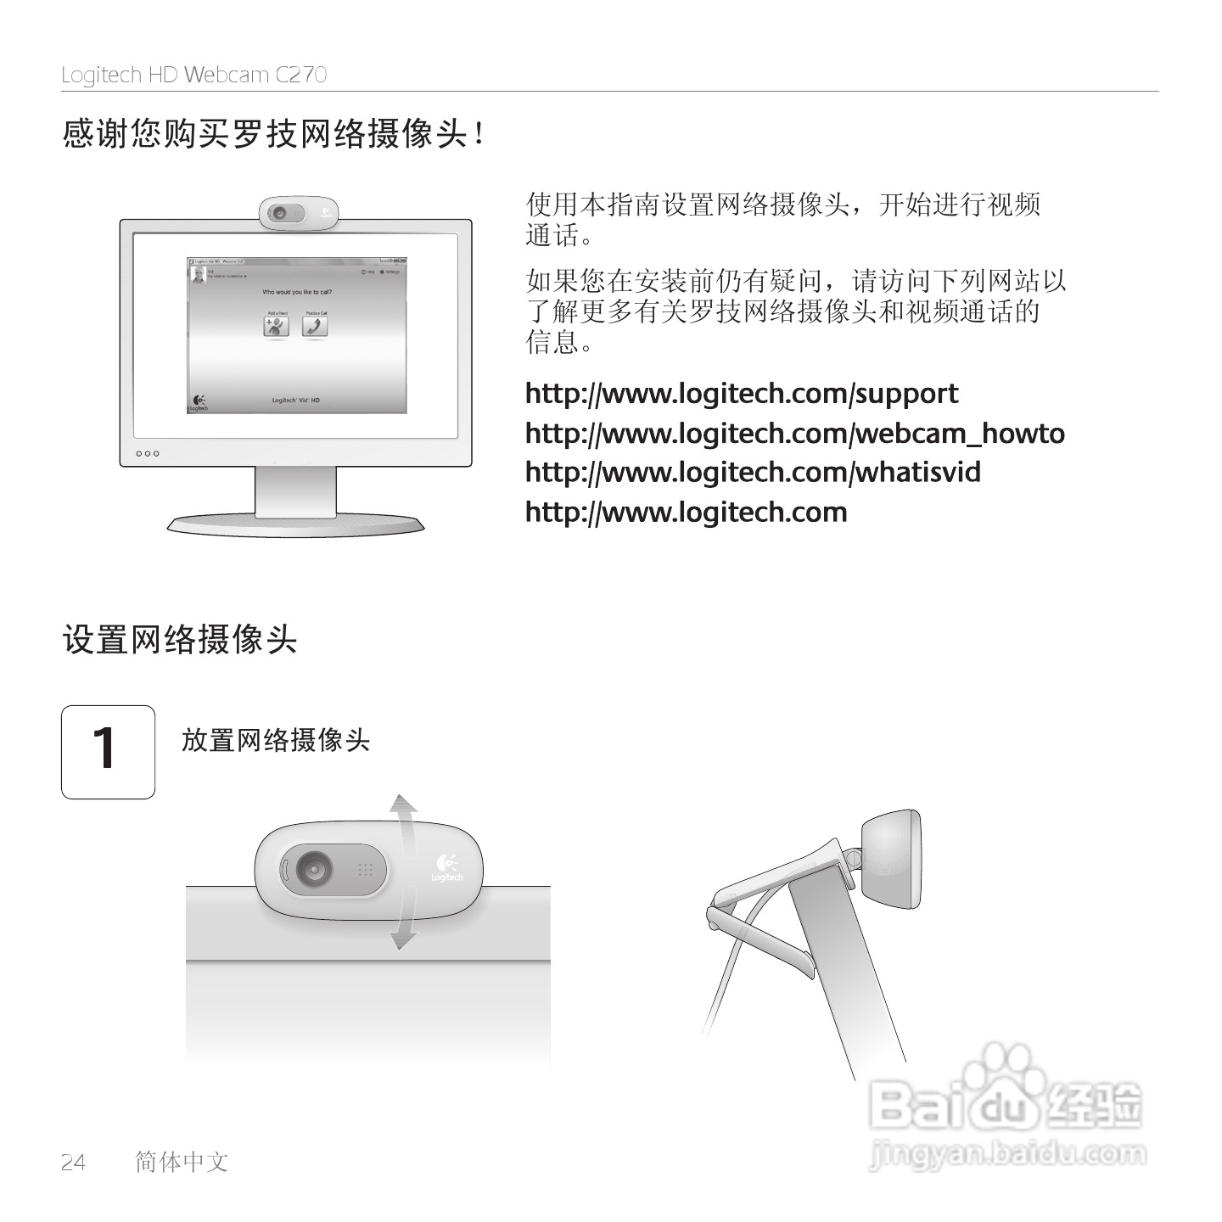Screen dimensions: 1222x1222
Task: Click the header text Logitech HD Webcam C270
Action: coord(193,75)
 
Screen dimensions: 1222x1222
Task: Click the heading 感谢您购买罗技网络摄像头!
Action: coord(273,134)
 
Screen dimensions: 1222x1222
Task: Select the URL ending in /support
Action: coord(742,394)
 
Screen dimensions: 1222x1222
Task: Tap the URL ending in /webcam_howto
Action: coord(794,434)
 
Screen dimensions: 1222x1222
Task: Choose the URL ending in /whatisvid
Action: coord(753,473)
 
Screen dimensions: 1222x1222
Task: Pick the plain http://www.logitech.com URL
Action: coord(686,513)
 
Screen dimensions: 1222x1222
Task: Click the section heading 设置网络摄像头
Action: coord(180,639)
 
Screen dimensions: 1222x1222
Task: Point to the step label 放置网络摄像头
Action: coord(276,740)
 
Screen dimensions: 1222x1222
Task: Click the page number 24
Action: coord(74,1162)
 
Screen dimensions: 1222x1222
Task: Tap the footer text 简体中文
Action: coord(182,1162)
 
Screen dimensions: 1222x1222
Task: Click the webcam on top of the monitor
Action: coord(299,212)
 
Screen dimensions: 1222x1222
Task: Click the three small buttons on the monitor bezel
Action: coord(148,453)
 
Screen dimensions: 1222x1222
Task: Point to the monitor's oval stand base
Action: coord(295,525)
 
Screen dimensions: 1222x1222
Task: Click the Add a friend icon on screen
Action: coord(277,326)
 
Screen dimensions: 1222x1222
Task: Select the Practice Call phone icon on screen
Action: coord(316,326)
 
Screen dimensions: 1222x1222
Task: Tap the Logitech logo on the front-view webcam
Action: coord(446,867)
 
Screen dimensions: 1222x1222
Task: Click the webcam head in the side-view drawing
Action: coord(891,857)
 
